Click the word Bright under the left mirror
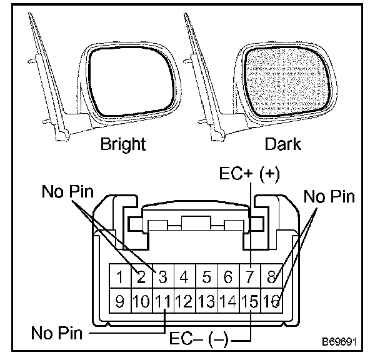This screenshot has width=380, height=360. pos(123,144)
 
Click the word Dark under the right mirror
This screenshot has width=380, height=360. pos(282,144)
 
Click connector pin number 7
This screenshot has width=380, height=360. pos(250,276)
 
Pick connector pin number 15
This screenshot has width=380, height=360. pos(250,302)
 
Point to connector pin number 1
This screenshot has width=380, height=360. pos(121,276)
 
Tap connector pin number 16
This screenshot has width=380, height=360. pos(272,302)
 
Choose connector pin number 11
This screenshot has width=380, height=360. pos(164,302)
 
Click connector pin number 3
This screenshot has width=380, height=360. pos(164,276)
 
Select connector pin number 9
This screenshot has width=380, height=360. pos(121,302)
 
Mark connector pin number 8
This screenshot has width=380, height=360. pos(272,276)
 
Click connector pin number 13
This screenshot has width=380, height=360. pos(207,302)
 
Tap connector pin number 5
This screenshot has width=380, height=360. pos(207,276)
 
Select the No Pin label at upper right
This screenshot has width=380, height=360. pos(329,197)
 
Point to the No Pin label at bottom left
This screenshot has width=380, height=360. pos(57,331)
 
